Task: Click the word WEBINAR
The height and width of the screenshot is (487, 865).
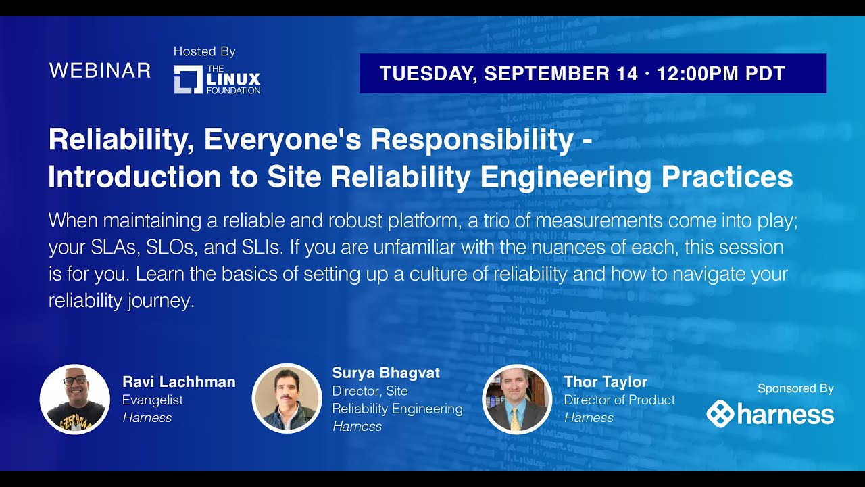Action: (100, 70)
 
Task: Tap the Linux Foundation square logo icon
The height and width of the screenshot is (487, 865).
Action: (188, 80)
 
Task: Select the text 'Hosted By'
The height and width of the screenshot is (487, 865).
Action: (204, 51)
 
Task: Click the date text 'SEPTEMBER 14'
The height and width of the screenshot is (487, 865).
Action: (561, 74)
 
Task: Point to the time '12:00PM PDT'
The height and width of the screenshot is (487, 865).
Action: (720, 74)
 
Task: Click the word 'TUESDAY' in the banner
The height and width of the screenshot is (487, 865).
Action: (426, 74)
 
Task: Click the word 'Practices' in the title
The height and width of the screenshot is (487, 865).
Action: (726, 177)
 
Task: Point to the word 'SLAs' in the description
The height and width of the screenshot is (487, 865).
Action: (107, 248)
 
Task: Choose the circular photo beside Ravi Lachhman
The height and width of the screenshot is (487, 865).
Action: (75, 399)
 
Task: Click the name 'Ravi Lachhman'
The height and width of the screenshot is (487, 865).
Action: (179, 382)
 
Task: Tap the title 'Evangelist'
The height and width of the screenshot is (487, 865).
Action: (153, 400)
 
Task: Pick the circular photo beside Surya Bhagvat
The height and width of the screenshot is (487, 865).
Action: (287, 398)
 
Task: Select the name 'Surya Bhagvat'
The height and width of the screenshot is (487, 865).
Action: (386, 373)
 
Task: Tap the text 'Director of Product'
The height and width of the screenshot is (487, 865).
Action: (620, 400)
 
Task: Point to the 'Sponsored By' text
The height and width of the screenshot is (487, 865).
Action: (795, 388)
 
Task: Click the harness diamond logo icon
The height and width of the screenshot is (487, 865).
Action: (720, 414)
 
